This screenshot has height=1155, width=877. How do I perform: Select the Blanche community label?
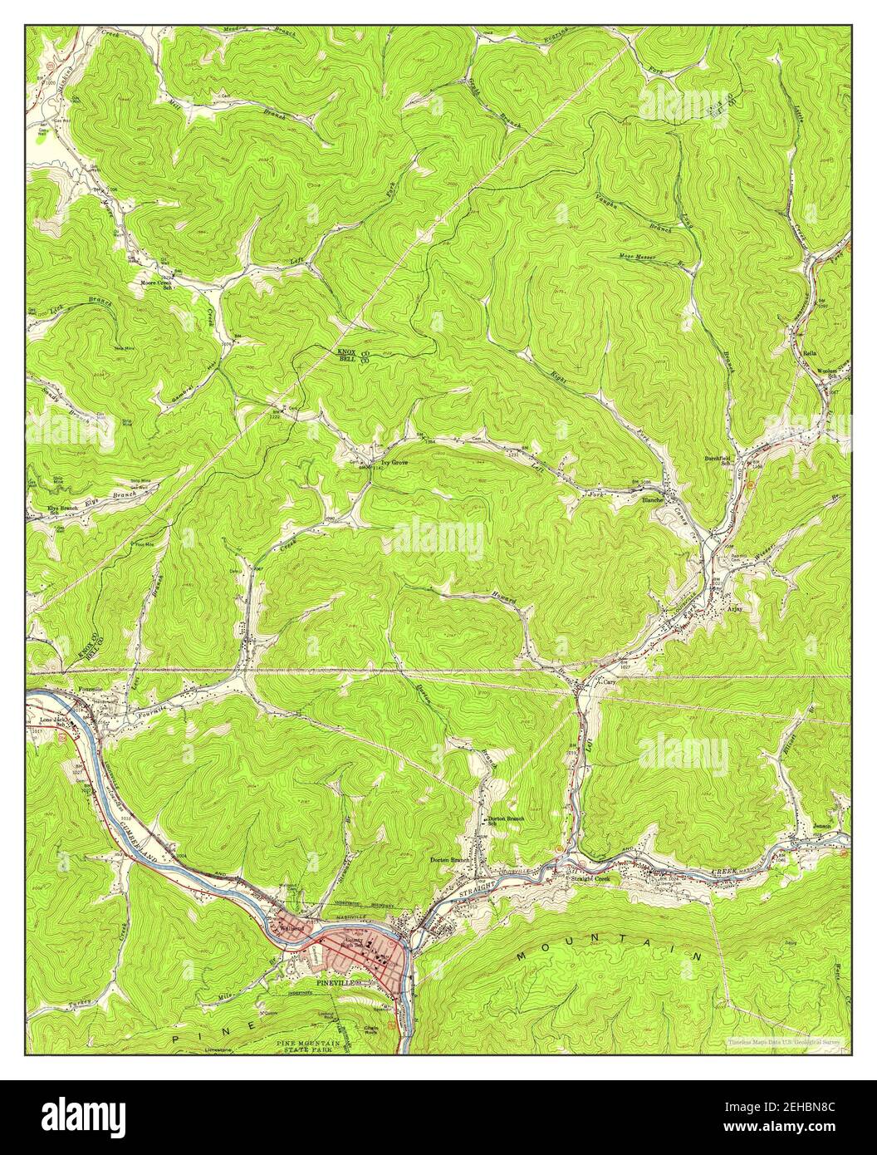point(651,500)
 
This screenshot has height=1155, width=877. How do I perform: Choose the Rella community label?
point(809,353)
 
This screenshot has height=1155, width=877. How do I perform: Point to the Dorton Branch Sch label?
point(509,822)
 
